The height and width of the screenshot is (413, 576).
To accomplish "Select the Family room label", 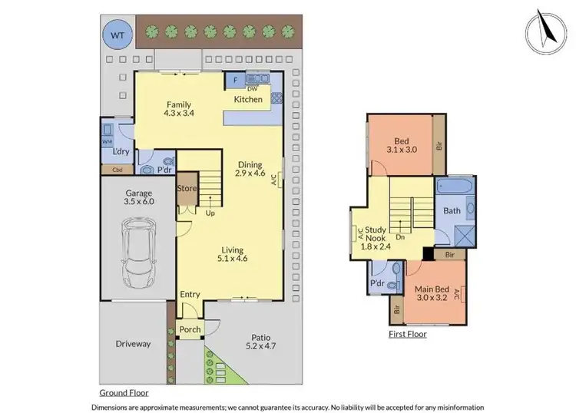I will [177, 109].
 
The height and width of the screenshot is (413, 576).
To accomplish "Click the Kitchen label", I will [248, 99].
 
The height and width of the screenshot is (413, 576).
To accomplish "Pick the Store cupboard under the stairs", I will [187, 190].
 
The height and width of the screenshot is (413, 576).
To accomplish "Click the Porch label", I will [190, 329].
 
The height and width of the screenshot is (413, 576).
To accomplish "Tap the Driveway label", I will [133, 344].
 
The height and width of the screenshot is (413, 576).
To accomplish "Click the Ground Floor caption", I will [124, 391].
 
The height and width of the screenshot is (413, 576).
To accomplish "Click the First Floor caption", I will [407, 334].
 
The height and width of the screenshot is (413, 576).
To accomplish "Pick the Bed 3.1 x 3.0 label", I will [401, 146].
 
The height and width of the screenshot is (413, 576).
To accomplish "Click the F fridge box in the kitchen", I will [234, 80].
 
